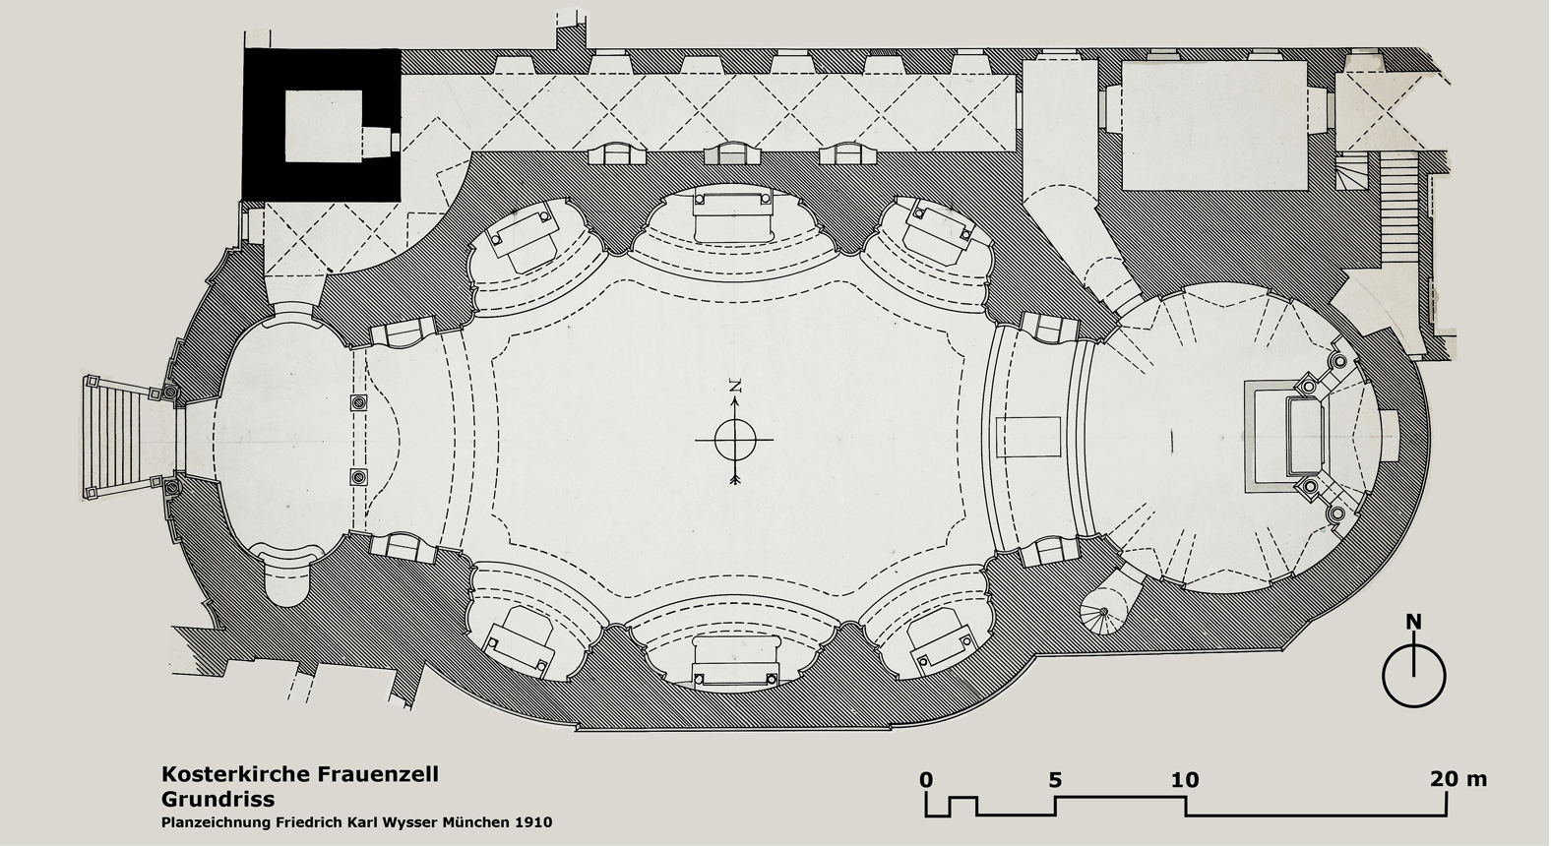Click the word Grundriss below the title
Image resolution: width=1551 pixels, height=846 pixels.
pyautogui.click(x=218, y=799)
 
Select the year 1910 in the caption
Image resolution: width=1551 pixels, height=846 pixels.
pyautogui.click(x=533, y=823)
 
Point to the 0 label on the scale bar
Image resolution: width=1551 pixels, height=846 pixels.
pyautogui.click(x=926, y=779)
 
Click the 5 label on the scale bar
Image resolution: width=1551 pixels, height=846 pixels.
pyautogui.click(x=1055, y=779)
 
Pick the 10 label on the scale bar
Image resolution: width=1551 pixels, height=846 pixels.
pyautogui.click(x=1185, y=779)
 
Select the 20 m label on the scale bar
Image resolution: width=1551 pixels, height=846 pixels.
pyautogui.click(x=1458, y=779)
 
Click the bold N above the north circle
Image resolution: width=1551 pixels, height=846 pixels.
pyautogui.click(x=1413, y=623)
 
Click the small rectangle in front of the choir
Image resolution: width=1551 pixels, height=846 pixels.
pyautogui.click(x=1028, y=437)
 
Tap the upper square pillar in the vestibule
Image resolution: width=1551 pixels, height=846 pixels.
pyautogui.click(x=358, y=403)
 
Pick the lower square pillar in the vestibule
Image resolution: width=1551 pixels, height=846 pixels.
pyautogui.click(x=358, y=477)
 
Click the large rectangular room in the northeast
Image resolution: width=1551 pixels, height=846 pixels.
pyautogui.click(x=1214, y=125)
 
